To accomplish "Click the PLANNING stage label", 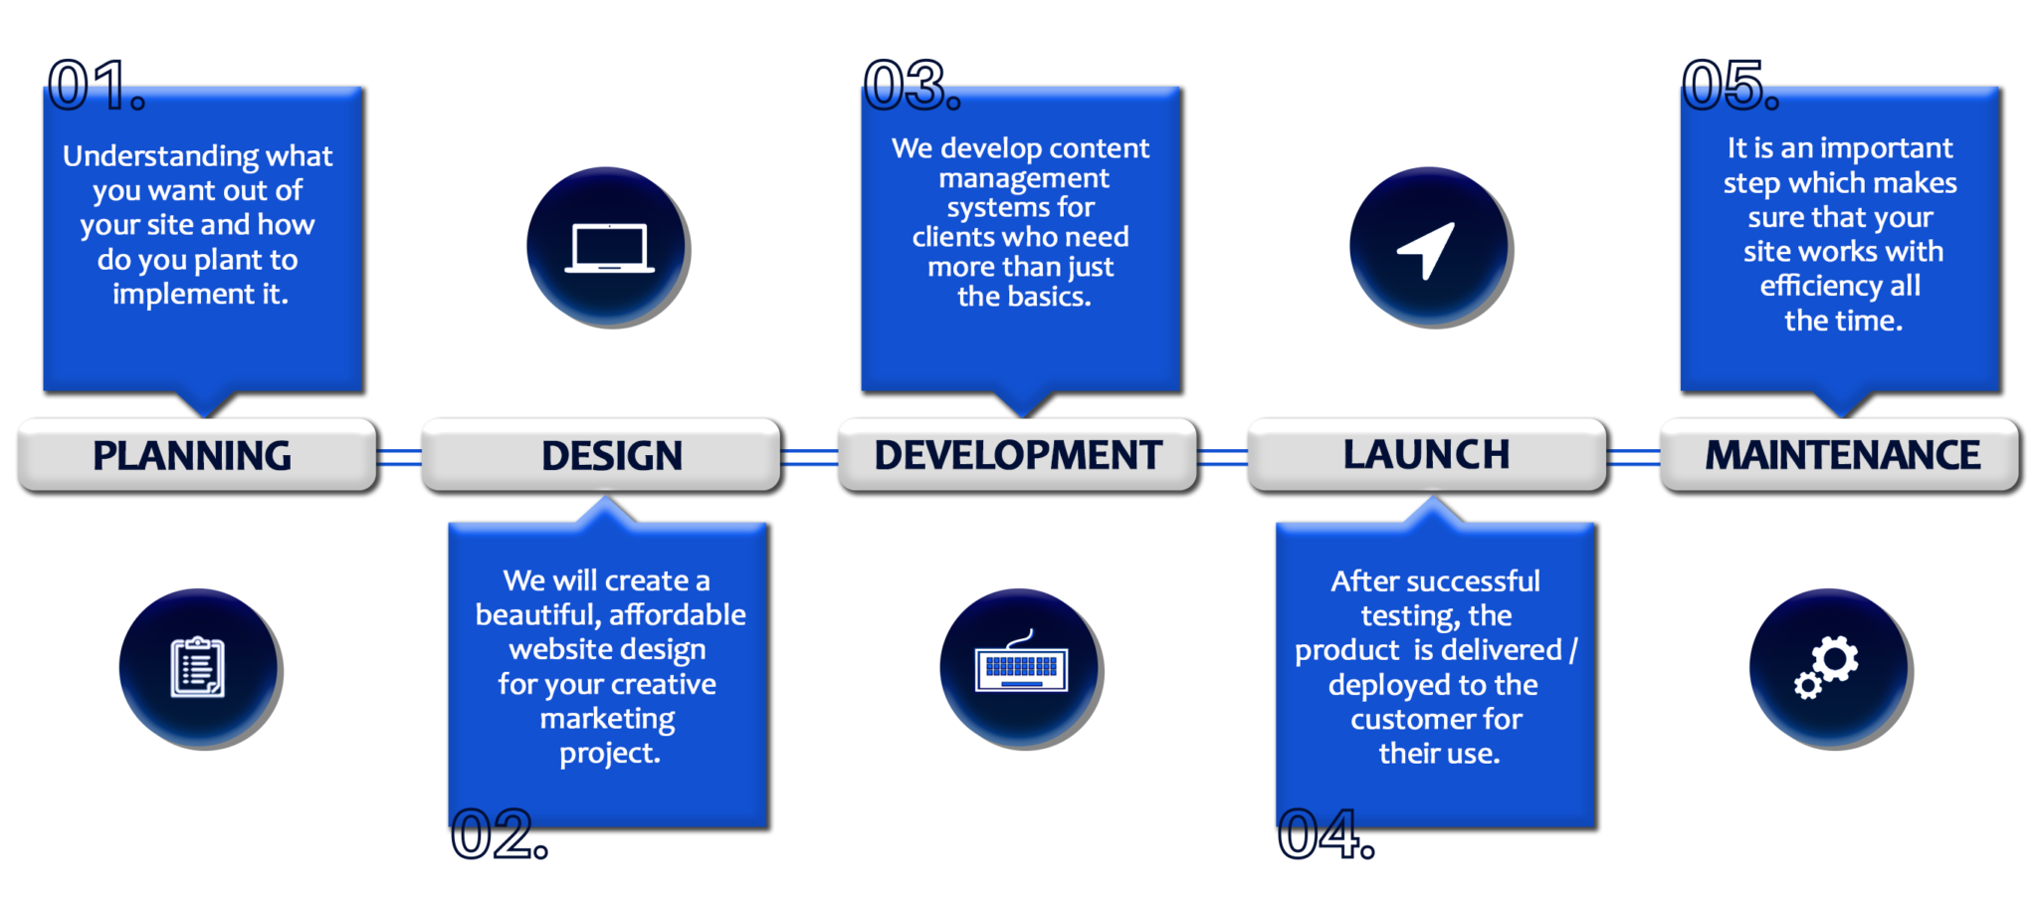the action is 192,455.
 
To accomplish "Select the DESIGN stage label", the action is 612,455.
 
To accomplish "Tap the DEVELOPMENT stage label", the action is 1018,455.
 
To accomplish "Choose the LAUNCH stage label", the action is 1426,454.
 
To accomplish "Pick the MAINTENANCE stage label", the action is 1842,455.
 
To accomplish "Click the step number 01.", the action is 97,85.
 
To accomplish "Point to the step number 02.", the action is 499,833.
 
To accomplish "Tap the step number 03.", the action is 912,85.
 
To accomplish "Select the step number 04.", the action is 1325,833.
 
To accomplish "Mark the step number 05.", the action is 1731,85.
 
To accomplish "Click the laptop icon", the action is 609,248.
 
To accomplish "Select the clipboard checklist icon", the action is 198,666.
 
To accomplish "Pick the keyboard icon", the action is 1021,663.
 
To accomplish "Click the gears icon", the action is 1827,666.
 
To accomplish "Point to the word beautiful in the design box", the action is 537,615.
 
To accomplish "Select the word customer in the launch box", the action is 1399,719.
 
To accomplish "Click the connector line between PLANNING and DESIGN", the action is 399,457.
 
